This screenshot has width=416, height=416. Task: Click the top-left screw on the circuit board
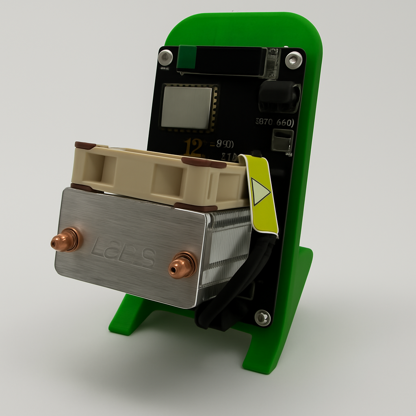(x=165, y=57)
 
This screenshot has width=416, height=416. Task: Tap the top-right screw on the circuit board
(x=293, y=60)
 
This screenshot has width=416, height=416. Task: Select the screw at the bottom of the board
(x=262, y=317)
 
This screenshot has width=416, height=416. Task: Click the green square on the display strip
(x=187, y=57)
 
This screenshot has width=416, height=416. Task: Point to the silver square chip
(x=186, y=107)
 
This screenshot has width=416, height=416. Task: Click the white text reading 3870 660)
(x=275, y=122)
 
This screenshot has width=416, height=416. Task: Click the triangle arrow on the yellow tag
(x=260, y=191)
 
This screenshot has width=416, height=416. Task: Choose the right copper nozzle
(x=182, y=266)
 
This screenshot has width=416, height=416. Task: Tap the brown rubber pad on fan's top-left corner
(x=85, y=145)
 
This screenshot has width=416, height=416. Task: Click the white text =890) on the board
(x=222, y=144)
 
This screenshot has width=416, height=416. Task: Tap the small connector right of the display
(x=273, y=63)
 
